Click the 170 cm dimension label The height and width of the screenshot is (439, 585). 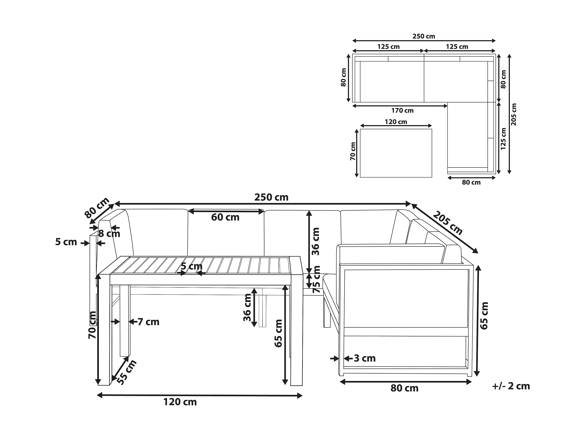click(x=402, y=111)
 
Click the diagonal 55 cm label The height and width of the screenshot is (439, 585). click(x=127, y=372)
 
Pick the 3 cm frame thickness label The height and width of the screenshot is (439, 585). click(x=365, y=358)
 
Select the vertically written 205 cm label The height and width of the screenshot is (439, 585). click(x=514, y=114)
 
